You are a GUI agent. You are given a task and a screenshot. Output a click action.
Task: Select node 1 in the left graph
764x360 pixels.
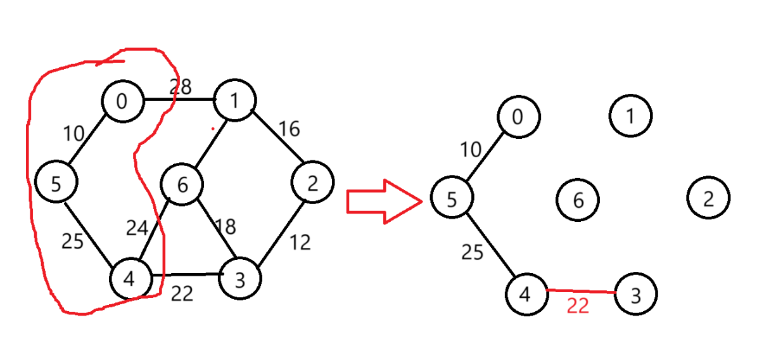[x=235, y=100]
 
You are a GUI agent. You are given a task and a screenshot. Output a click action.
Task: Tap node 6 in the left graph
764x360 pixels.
[x=182, y=185]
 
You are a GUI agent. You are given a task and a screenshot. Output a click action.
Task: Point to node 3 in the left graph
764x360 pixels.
[x=240, y=279]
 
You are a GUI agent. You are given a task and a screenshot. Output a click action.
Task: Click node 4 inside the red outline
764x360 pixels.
[x=131, y=279]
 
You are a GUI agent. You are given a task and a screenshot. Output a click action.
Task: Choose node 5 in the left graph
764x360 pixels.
[x=56, y=183]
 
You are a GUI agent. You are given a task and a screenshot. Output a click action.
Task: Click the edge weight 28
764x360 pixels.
[x=180, y=87]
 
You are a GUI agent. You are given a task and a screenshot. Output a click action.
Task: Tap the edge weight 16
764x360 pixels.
[x=288, y=129]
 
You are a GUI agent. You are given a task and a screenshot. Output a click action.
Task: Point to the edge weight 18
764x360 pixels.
[x=225, y=226]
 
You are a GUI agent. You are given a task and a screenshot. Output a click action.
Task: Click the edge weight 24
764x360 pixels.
[x=137, y=228]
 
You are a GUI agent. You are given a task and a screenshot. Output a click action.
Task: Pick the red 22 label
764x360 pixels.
[x=578, y=306]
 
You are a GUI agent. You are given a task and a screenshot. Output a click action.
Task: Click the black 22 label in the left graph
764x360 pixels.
[x=182, y=293]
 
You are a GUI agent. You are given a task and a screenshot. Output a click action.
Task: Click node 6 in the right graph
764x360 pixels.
[x=578, y=200]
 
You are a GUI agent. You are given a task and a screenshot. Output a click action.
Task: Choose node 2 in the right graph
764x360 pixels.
[x=708, y=198]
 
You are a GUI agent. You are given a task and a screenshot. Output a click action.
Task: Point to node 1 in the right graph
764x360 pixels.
[x=630, y=115]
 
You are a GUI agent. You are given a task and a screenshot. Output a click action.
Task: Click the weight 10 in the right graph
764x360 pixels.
[x=471, y=150]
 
